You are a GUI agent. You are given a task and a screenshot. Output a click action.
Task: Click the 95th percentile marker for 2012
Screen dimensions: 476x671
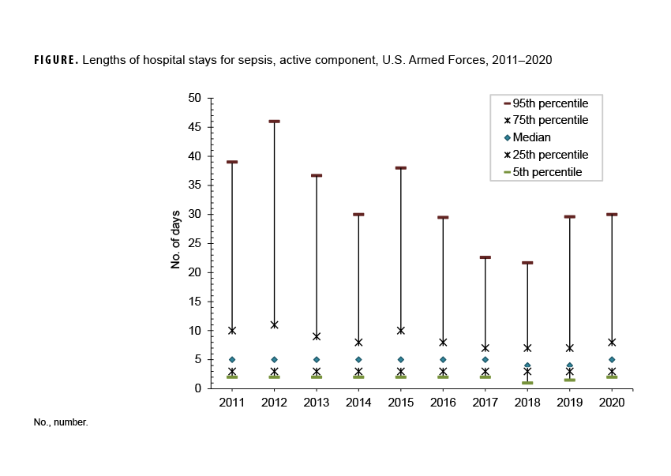274,122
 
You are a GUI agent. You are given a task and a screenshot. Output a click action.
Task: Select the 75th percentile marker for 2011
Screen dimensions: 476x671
232,330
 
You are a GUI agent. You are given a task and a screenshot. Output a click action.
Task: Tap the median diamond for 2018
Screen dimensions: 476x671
527,365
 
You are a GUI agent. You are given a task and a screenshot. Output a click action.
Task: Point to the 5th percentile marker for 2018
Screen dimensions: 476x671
527,383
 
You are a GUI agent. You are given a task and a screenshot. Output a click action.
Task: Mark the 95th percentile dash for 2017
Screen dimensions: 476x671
485,257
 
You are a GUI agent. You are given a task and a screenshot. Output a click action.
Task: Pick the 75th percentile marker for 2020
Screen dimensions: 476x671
612,342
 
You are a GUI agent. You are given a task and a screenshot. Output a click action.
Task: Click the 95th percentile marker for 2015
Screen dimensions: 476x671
400,168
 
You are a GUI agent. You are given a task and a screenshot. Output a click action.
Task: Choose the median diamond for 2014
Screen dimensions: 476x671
358,360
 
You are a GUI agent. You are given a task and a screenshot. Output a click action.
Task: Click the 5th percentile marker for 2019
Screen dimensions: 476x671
569,380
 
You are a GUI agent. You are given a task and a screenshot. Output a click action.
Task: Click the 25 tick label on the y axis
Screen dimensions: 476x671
194,243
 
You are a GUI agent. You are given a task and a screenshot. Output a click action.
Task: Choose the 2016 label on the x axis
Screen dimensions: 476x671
443,402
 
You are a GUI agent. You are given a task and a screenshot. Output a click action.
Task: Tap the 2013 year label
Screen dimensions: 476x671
316,402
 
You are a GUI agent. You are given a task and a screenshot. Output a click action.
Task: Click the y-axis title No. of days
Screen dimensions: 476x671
176,238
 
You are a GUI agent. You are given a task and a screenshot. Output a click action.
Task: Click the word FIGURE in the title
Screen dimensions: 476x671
56,60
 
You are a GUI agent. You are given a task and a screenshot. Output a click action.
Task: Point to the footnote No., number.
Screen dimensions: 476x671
61,422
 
